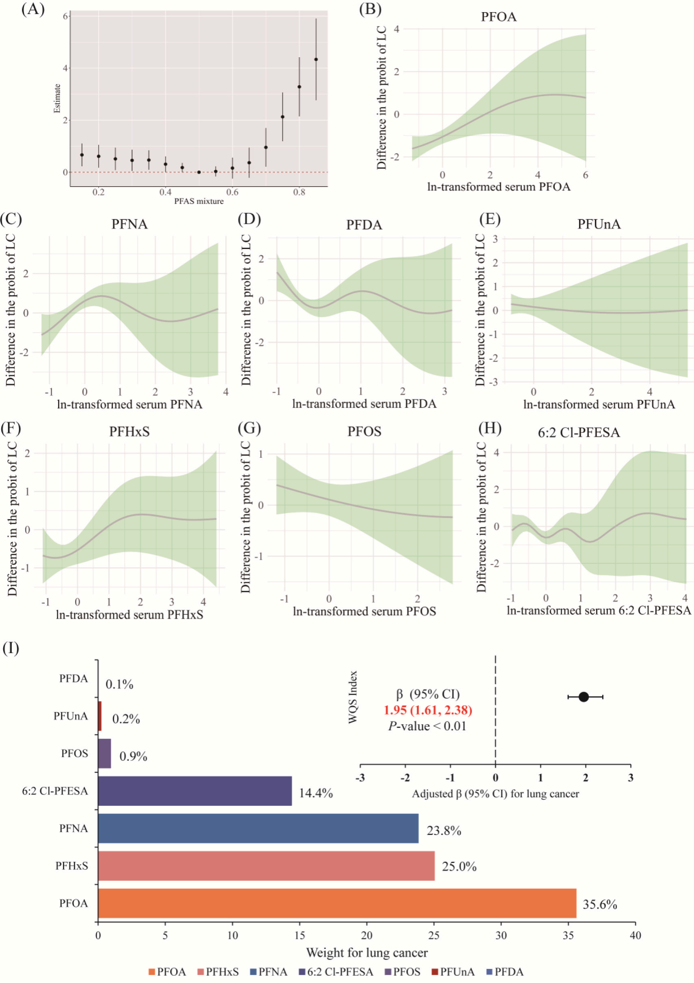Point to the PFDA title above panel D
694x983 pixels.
click(364, 225)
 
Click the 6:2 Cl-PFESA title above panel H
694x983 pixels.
click(579, 432)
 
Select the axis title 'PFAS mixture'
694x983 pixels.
click(199, 201)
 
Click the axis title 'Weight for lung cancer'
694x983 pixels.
click(367, 953)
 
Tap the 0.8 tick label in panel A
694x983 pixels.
click(300, 192)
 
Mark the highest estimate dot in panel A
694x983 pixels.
click(316, 60)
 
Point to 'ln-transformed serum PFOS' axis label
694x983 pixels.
click(364, 611)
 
